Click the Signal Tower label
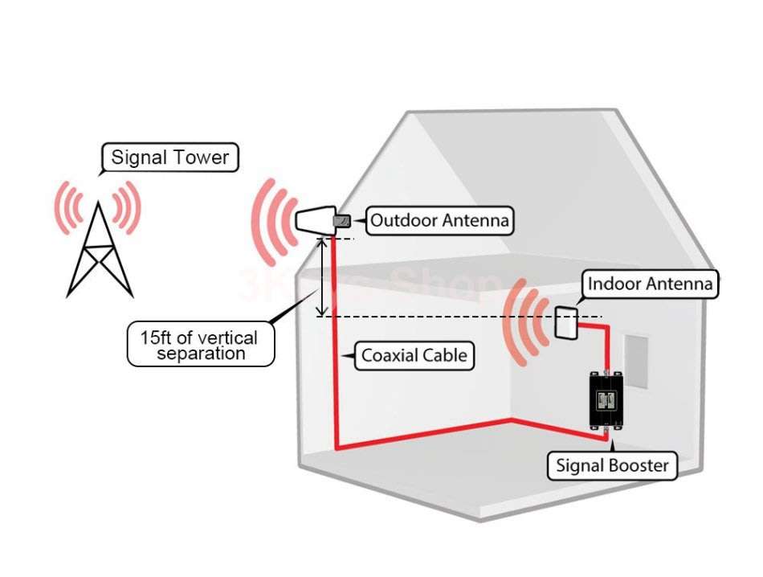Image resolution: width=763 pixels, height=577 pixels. (169, 157)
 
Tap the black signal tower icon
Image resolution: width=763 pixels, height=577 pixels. (100, 252)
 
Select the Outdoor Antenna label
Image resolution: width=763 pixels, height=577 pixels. (439, 220)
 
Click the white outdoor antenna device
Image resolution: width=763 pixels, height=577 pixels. (315, 219)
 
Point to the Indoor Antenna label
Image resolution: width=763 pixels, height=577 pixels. (649, 284)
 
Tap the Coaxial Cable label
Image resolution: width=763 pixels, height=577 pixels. (414, 354)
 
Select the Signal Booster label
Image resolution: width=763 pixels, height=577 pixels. (612, 464)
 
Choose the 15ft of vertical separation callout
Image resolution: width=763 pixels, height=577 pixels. (201, 345)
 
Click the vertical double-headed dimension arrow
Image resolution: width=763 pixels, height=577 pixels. (322, 277)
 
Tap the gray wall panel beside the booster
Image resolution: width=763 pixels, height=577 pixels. (635, 361)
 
